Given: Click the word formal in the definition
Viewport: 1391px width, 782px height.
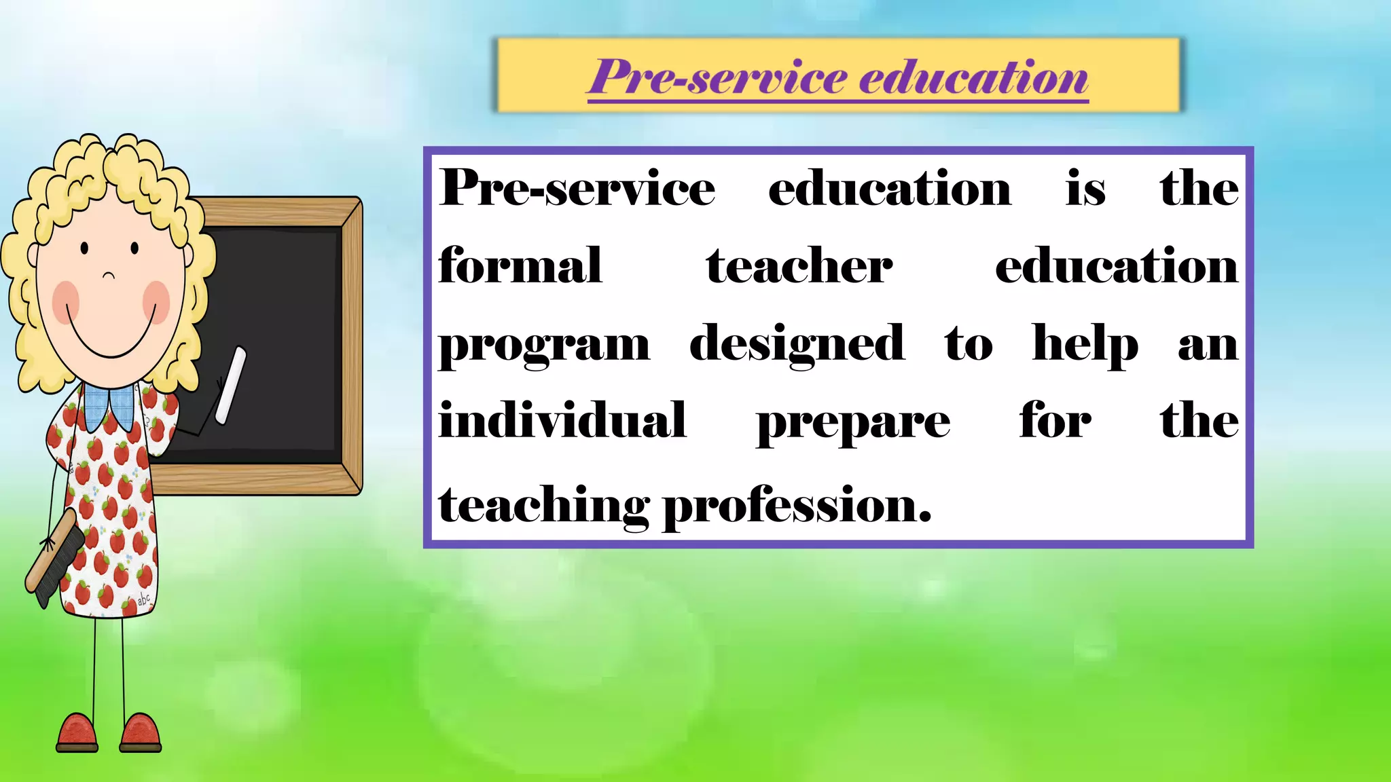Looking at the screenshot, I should coord(520,265).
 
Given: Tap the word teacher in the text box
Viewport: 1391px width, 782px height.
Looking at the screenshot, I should coord(799,265).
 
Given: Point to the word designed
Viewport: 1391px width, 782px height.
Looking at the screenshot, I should coord(797,345).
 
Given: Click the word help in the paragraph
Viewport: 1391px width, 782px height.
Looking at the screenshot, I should coord(1085,345).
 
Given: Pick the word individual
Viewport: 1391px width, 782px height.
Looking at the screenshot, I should coord(562,420).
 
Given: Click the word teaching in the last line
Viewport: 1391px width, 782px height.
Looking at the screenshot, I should coord(543,506).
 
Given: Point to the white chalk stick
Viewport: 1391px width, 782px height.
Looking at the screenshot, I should coord(231,386).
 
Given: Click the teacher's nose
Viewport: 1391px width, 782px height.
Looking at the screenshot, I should coord(109,275).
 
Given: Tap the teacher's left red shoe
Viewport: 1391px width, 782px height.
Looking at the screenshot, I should coord(77,734).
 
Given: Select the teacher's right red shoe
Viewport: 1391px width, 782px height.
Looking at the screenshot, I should coord(141,734).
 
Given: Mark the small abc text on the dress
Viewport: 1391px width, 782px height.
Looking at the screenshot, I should coord(144,599).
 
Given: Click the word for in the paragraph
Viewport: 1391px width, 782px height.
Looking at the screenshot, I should coord(1055,420).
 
